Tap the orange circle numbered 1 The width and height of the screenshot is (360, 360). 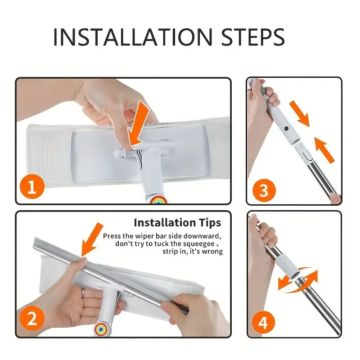[31, 187]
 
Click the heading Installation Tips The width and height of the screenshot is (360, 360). [177, 222]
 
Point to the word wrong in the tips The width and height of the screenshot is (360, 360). [212, 252]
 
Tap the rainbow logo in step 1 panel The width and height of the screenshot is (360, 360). [158, 199]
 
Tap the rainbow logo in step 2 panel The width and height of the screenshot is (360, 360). [103, 328]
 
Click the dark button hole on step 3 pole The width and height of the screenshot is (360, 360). [286, 129]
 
